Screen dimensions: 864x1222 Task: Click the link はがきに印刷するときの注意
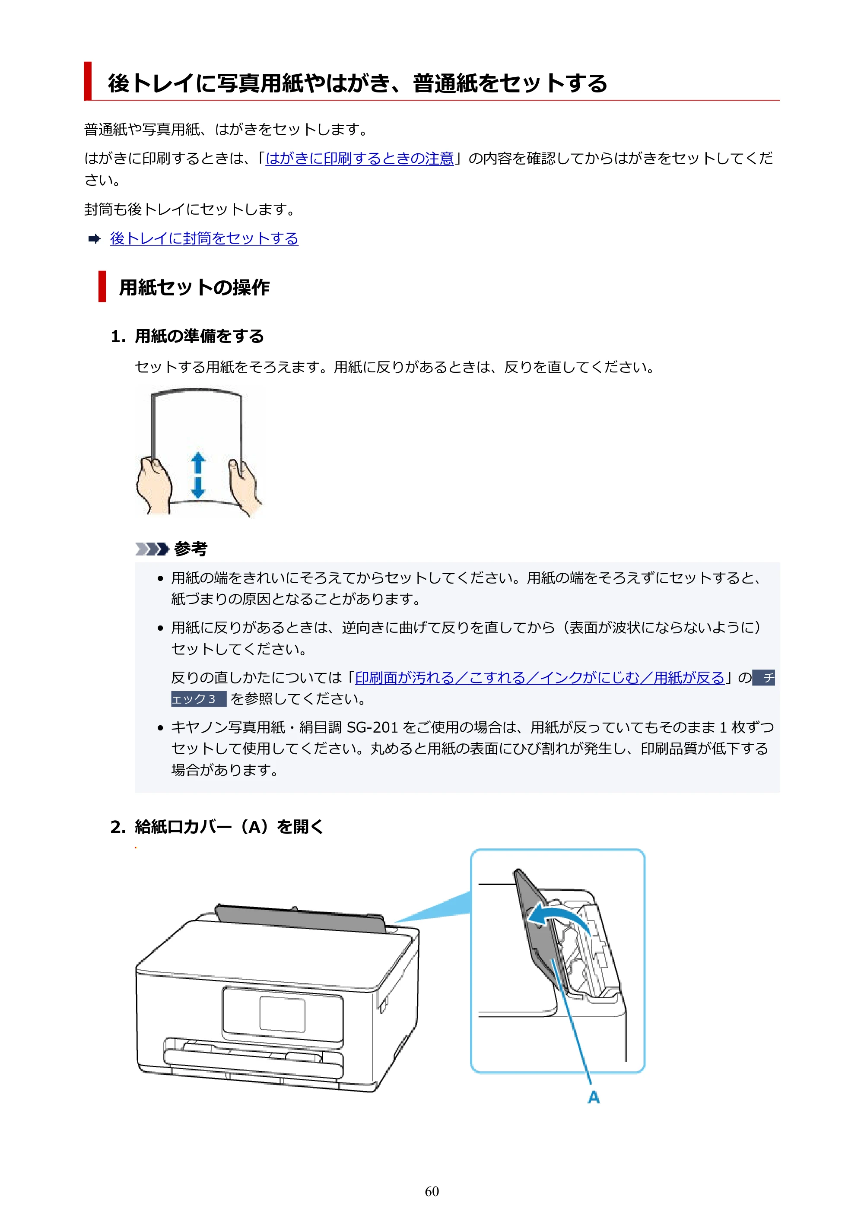tap(359, 159)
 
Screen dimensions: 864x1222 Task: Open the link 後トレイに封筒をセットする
tap(204, 238)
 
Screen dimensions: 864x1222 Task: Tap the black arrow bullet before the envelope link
tap(94, 239)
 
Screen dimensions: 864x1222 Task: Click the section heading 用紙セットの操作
tap(194, 287)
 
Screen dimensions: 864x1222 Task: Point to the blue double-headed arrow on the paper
tap(198, 475)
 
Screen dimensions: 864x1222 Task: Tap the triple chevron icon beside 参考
tap(152, 549)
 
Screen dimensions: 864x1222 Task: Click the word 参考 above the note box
tap(191, 549)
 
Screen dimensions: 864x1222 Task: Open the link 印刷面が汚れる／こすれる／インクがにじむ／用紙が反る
tap(540, 678)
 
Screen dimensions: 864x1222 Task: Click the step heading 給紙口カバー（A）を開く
tap(229, 827)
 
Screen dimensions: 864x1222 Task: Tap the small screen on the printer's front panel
tap(282, 1015)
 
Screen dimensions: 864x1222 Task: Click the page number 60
tap(432, 1191)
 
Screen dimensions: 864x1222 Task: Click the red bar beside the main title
tap(88, 81)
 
